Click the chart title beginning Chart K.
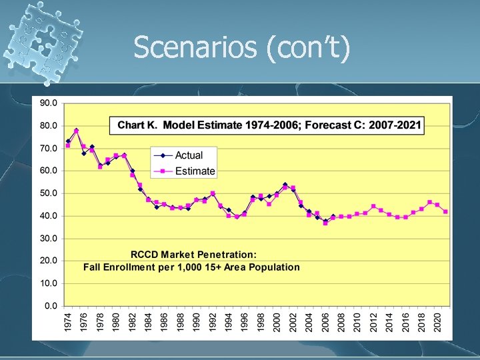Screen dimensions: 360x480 [269, 125]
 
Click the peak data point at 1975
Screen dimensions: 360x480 [76, 131]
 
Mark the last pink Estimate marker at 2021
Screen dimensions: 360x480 [445, 211]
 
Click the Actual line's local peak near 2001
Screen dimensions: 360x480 [285, 185]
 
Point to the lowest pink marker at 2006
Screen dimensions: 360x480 [325, 223]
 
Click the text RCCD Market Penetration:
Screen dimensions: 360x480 [193, 254]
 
